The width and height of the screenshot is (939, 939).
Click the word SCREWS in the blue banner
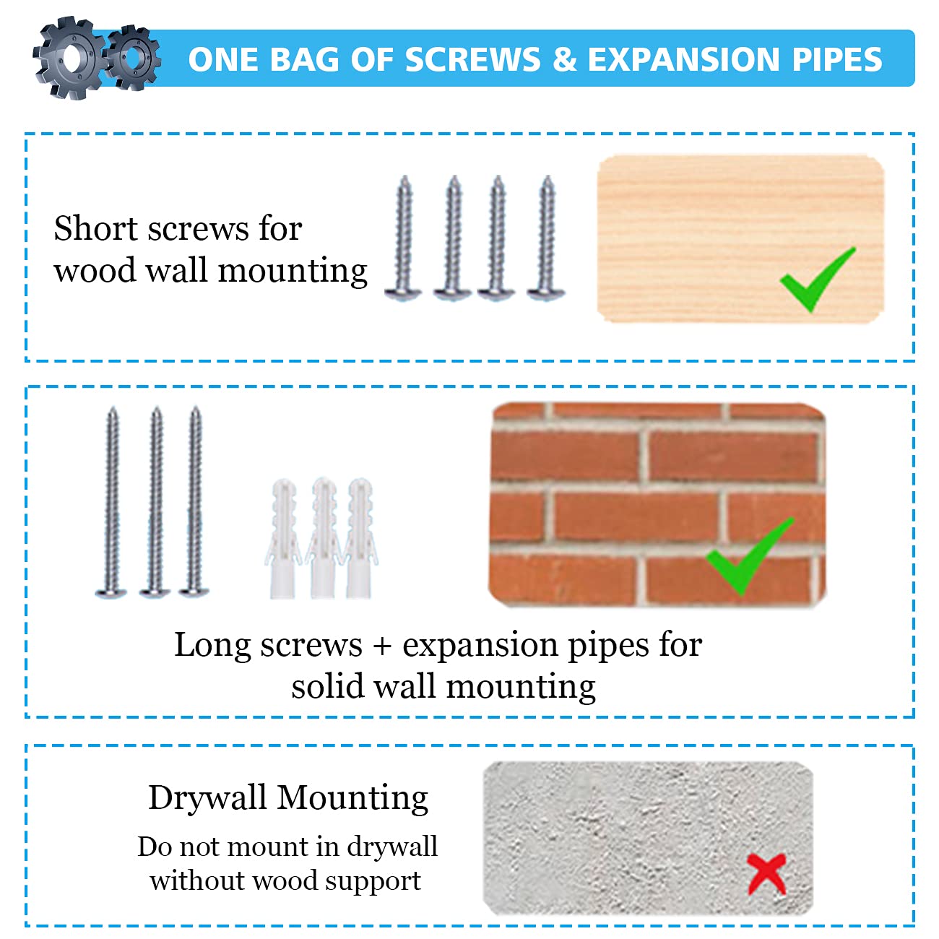(x=472, y=59)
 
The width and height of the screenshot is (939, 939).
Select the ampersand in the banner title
(x=564, y=59)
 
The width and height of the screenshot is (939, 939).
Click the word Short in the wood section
(x=95, y=228)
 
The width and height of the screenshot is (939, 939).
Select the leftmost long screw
(x=111, y=503)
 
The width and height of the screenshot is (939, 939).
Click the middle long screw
(x=155, y=503)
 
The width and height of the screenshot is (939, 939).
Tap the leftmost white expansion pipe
(x=282, y=539)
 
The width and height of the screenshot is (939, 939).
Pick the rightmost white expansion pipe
(x=360, y=539)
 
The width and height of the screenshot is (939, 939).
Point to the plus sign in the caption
(x=383, y=646)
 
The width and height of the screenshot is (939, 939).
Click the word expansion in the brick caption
(x=480, y=646)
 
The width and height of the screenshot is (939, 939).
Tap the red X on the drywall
(x=766, y=875)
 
